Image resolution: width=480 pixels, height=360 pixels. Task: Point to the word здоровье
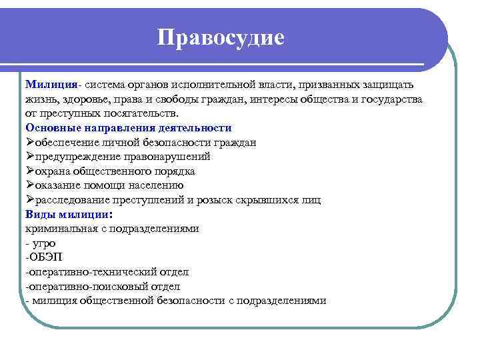tap(85, 99)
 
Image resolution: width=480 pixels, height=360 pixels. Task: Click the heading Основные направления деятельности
tap(128, 127)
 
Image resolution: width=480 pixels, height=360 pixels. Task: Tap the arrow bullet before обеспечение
tap(30, 142)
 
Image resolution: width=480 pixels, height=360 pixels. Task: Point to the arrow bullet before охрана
tap(30, 171)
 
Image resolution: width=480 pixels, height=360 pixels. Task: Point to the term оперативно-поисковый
tap(90, 286)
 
